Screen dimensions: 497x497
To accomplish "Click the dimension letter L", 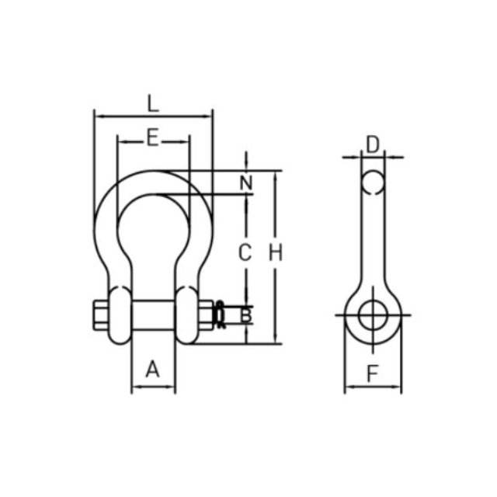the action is [x=153, y=103].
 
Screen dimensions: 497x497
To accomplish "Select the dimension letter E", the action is [x=153, y=137].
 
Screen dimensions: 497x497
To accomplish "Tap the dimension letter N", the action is [x=246, y=182].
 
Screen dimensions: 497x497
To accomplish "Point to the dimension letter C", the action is [x=245, y=252].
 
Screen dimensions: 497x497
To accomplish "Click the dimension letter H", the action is [x=276, y=252].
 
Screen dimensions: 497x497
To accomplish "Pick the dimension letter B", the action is [x=246, y=315].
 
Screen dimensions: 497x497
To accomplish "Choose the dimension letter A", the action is [x=152, y=369].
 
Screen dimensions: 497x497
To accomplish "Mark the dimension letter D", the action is [x=373, y=145].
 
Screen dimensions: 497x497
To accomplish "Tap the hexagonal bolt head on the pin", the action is [x=101, y=315].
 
